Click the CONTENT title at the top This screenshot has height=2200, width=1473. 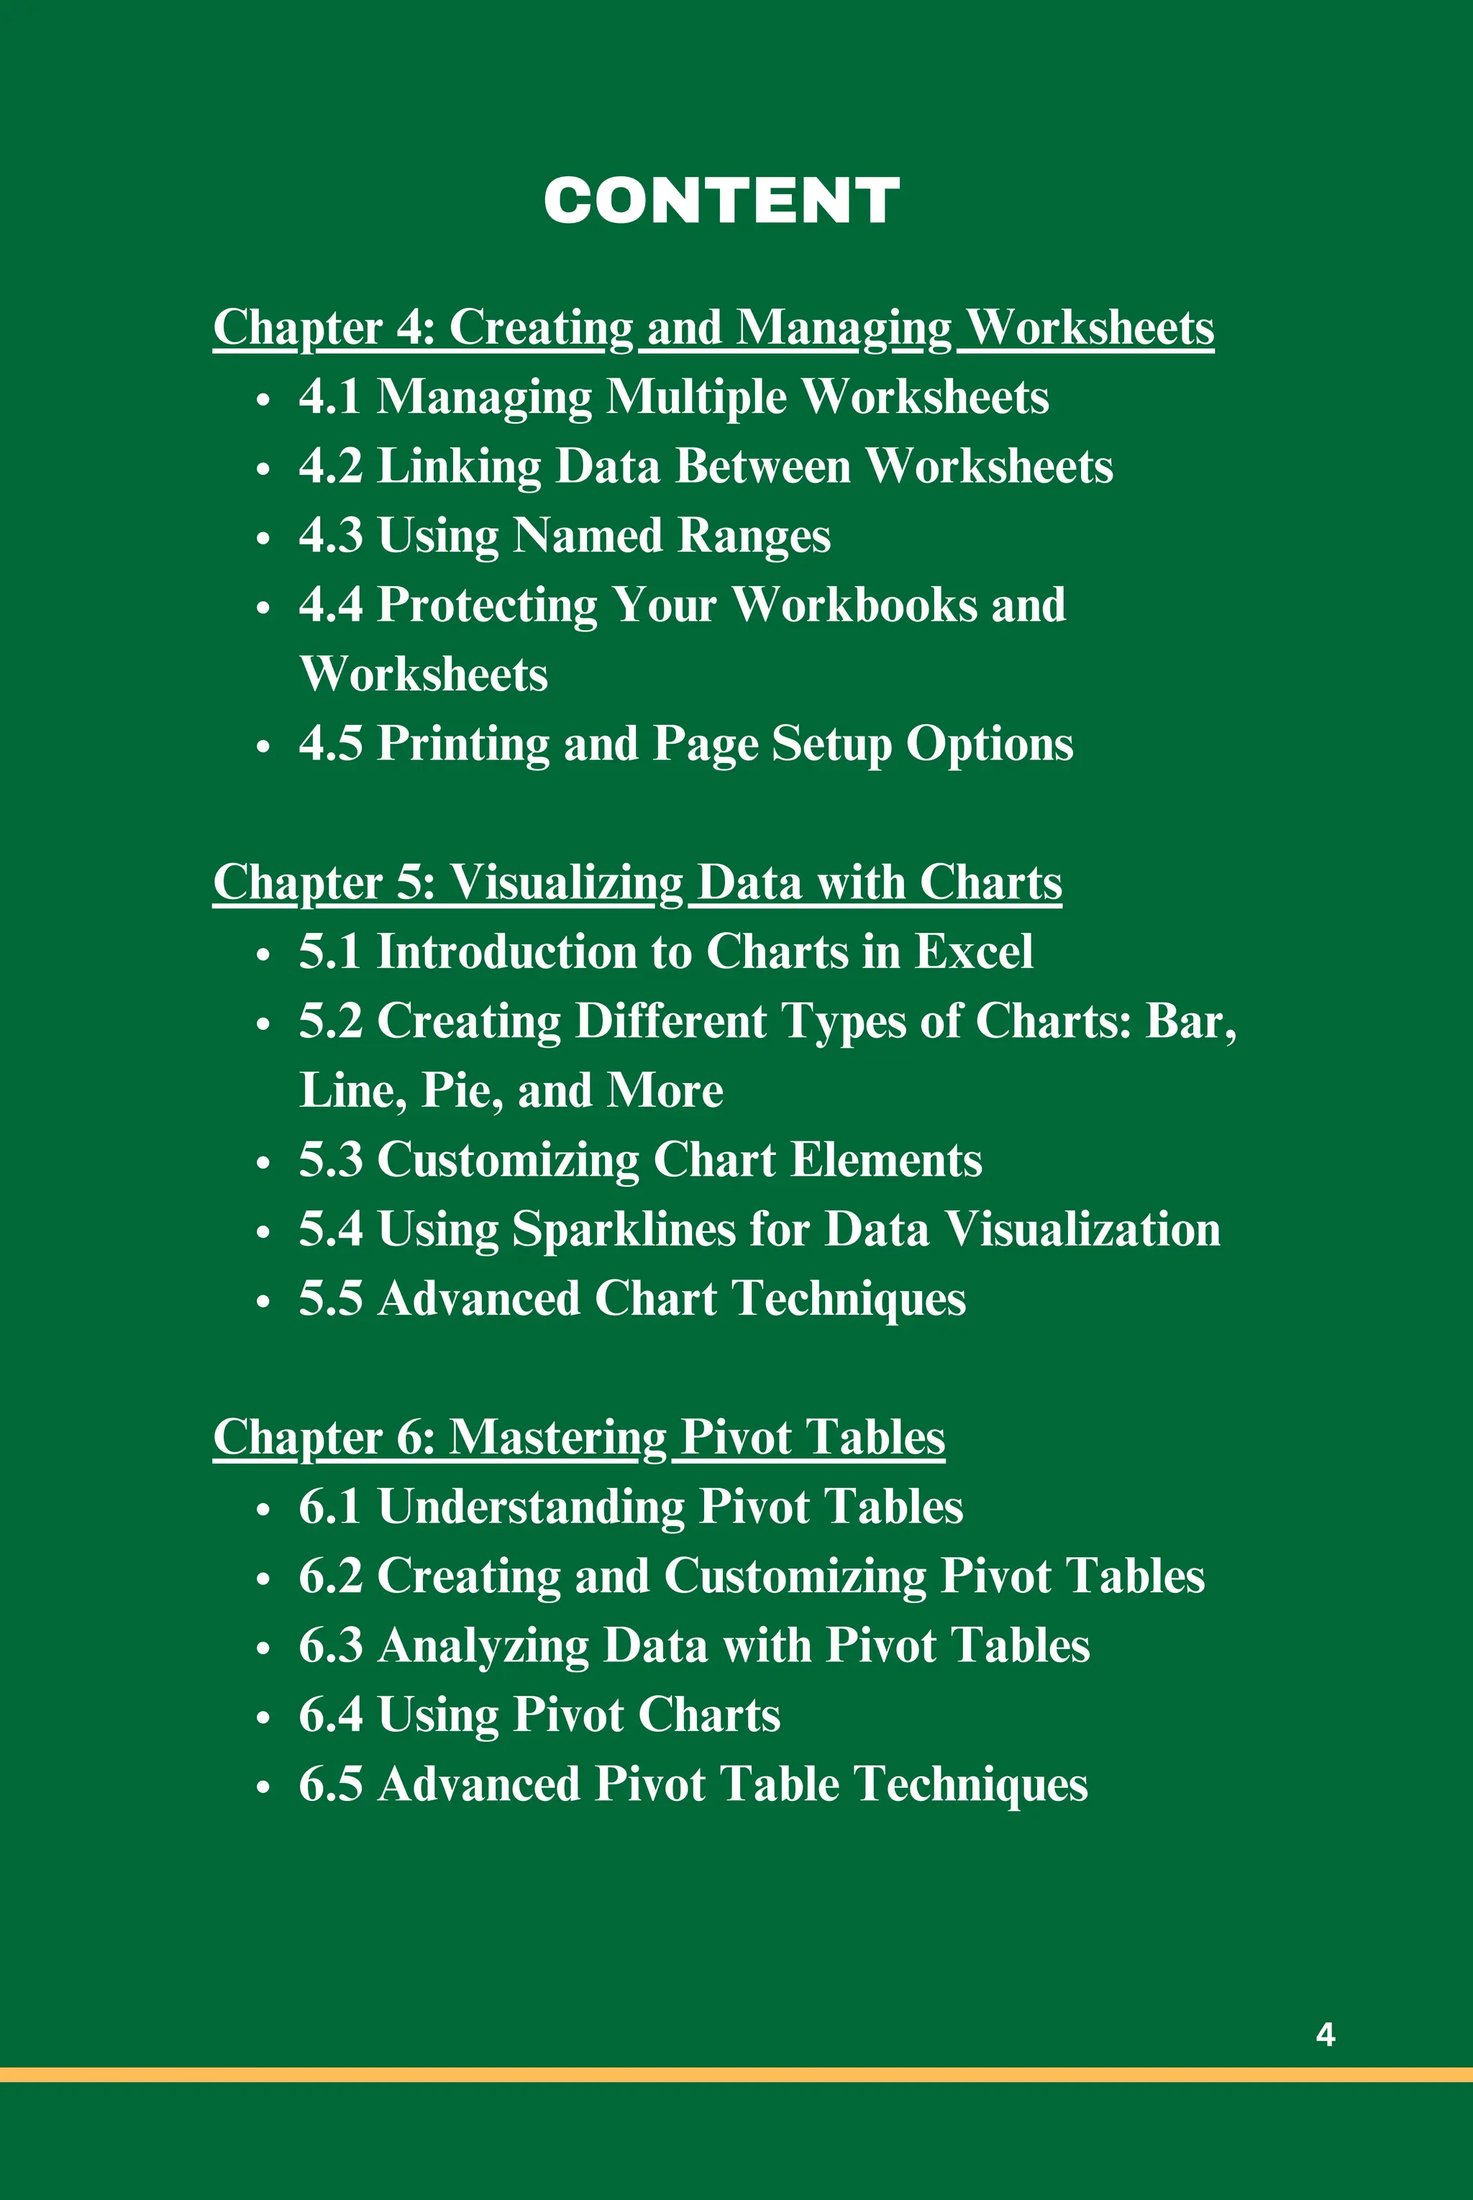click(x=721, y=201)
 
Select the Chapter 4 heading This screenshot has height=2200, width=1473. click(x=713, y=328)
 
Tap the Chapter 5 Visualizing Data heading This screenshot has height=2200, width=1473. click(x=637, y=883)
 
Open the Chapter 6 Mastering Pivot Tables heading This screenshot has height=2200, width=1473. click(x=579, y=1437)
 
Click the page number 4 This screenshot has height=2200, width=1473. click(x=1326, y=2034)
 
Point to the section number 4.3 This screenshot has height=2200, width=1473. click(x=331, y=536)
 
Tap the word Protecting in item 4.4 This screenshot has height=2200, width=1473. click(x=487, y=605)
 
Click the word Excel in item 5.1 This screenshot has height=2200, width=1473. click(x=973, y=951)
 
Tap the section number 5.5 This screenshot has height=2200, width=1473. click(x=331, y=1298)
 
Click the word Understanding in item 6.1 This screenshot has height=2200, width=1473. click(x=531, y=1507)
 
